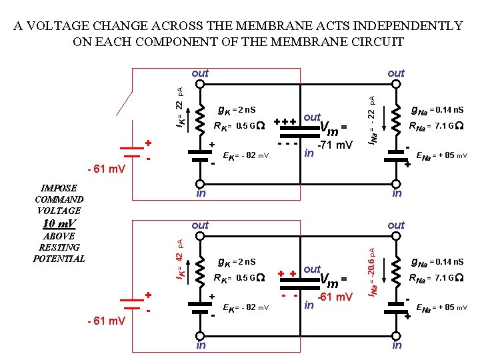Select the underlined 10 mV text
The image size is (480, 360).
click(59, 223)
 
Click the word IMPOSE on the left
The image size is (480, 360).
click(59, 188)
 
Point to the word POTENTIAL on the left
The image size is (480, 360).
click(59, 259)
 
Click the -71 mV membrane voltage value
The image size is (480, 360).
click(335, 145)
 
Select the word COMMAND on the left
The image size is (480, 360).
click(59, 199)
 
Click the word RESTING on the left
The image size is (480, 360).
click(59, 247)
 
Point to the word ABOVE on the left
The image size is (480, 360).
click(59, 236)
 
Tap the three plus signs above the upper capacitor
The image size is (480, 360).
click(285, 122)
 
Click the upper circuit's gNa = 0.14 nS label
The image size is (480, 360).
click(437, 110)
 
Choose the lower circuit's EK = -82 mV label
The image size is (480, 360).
click(245, 307)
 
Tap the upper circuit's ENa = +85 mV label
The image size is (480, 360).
click(441, 157)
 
